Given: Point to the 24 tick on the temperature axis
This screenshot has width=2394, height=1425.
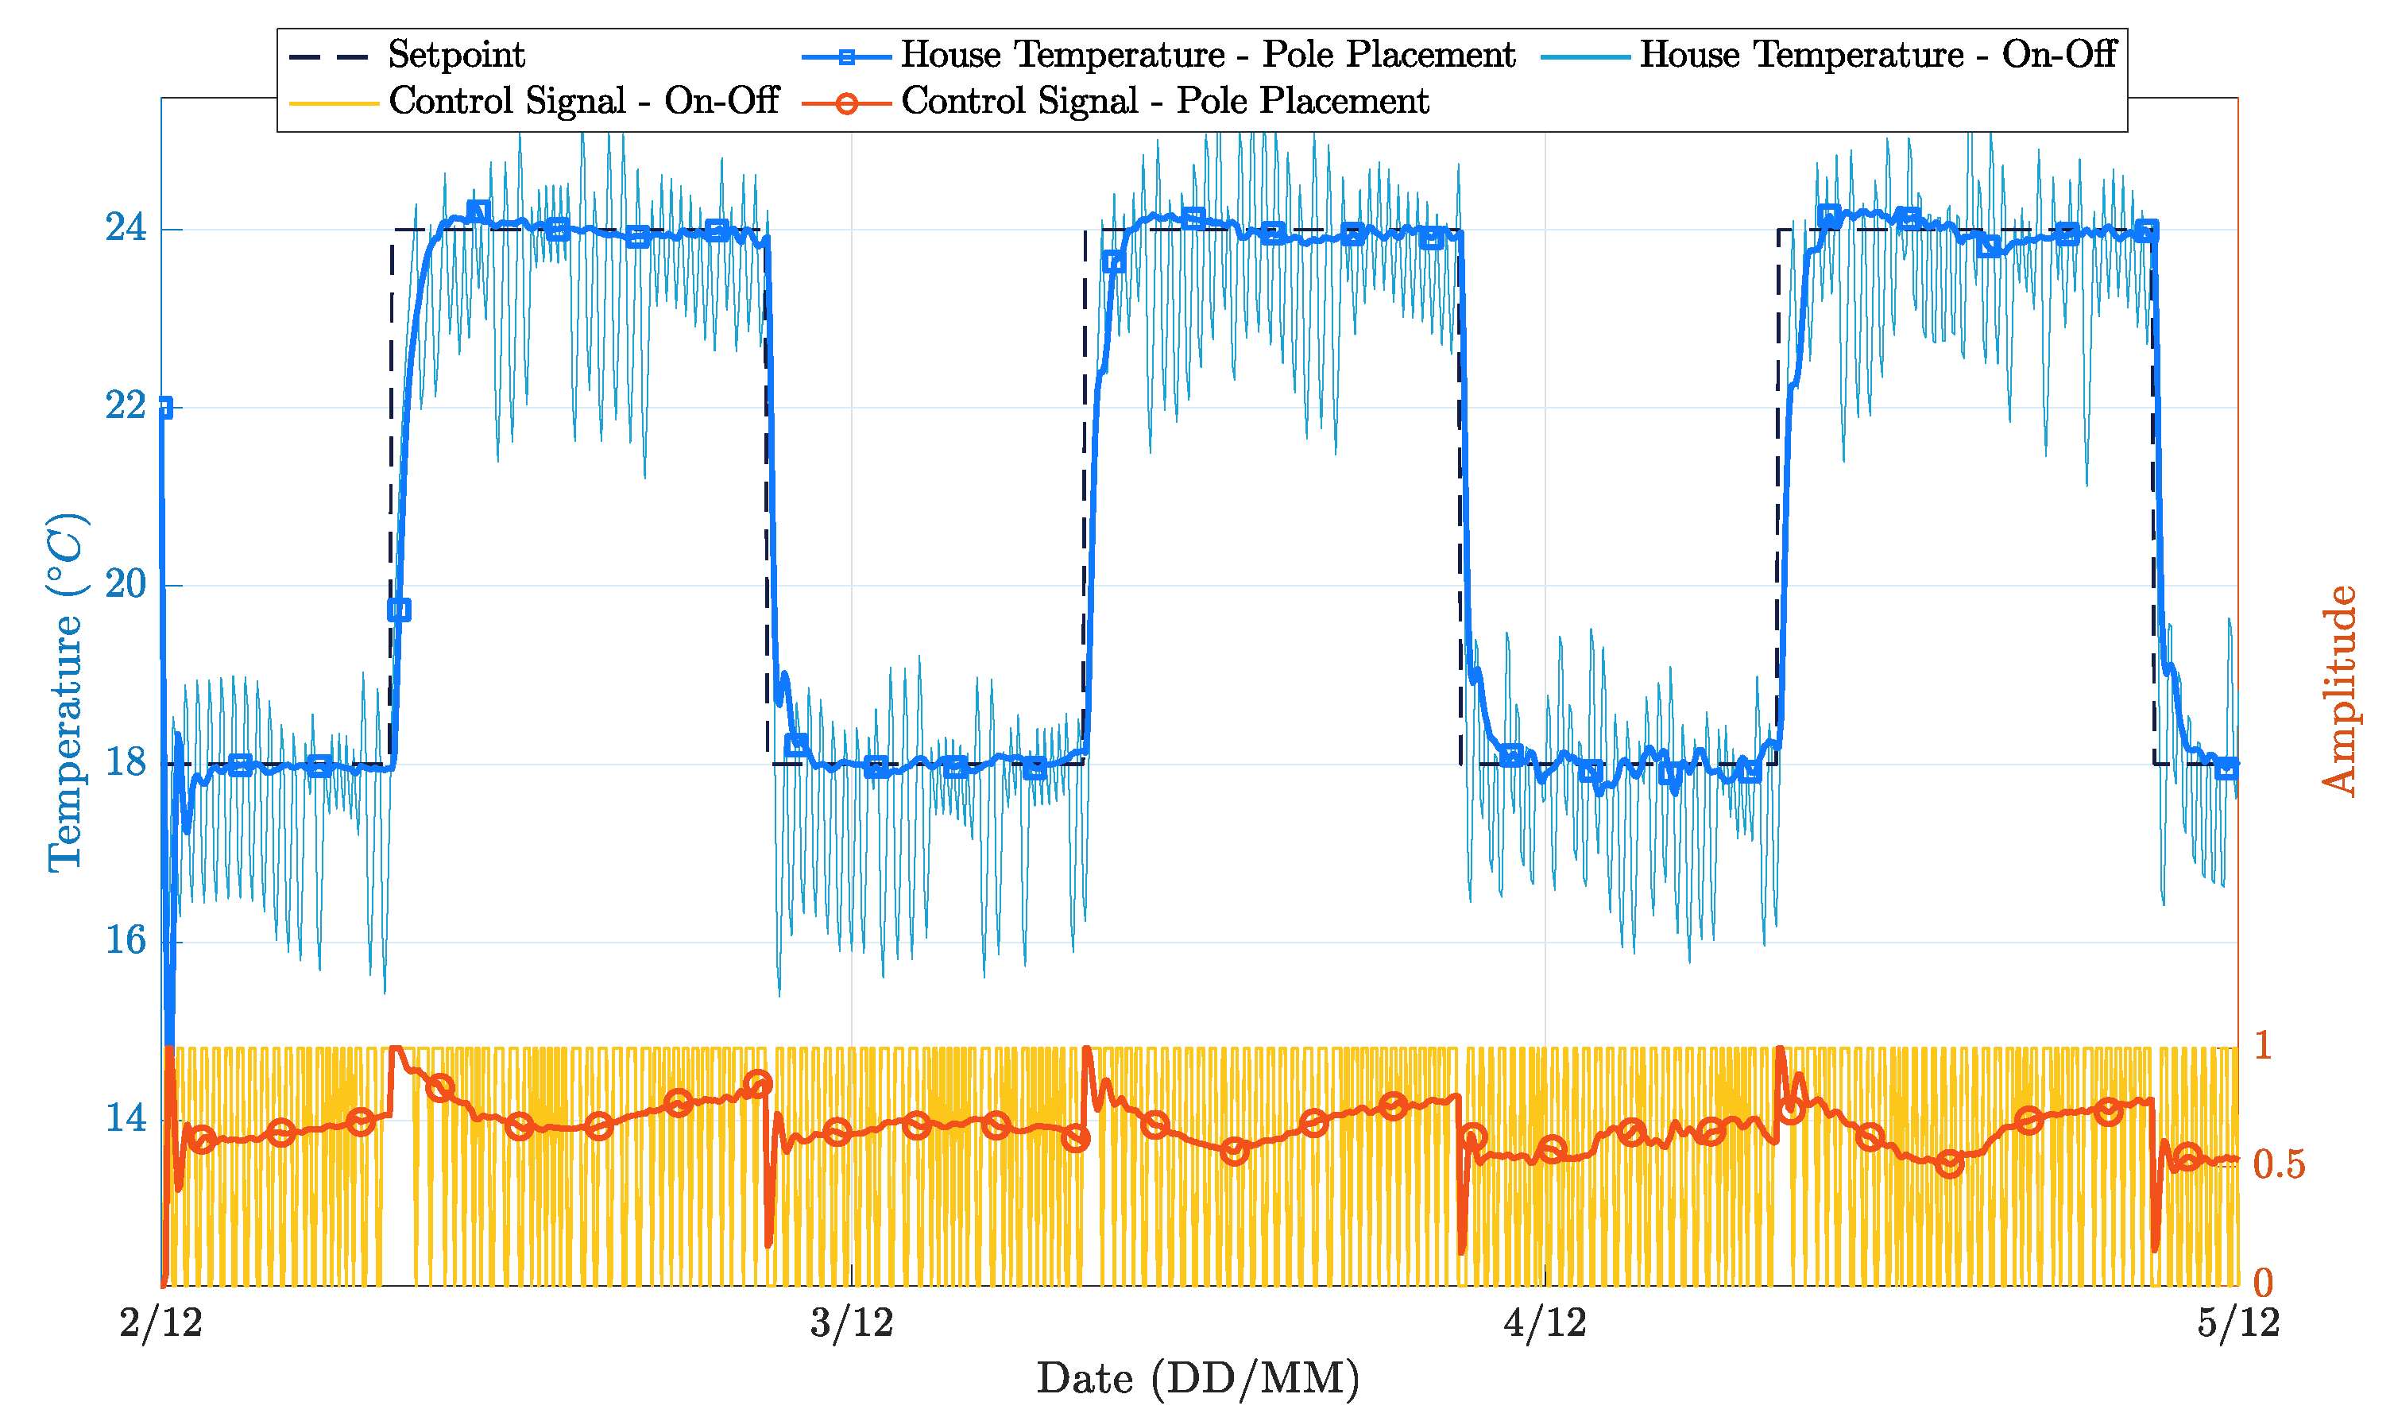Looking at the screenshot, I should [126, 230].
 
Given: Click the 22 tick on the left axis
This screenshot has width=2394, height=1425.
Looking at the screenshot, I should [126, 407].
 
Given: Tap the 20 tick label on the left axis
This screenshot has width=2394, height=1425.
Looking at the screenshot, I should [126, 585].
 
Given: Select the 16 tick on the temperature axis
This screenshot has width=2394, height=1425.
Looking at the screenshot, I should [126, 941].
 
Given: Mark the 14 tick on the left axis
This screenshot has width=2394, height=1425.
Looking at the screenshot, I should [126, 1119].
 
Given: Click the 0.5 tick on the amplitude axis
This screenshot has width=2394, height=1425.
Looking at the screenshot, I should [2279, 1165].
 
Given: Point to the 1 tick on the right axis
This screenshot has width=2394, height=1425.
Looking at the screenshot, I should [2262, 1046].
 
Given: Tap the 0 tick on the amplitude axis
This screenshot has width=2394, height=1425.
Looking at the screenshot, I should [2262, 1283].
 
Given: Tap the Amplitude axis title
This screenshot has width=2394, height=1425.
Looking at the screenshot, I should [2339, 691].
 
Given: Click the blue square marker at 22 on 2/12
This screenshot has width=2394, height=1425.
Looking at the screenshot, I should [165, 408].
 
